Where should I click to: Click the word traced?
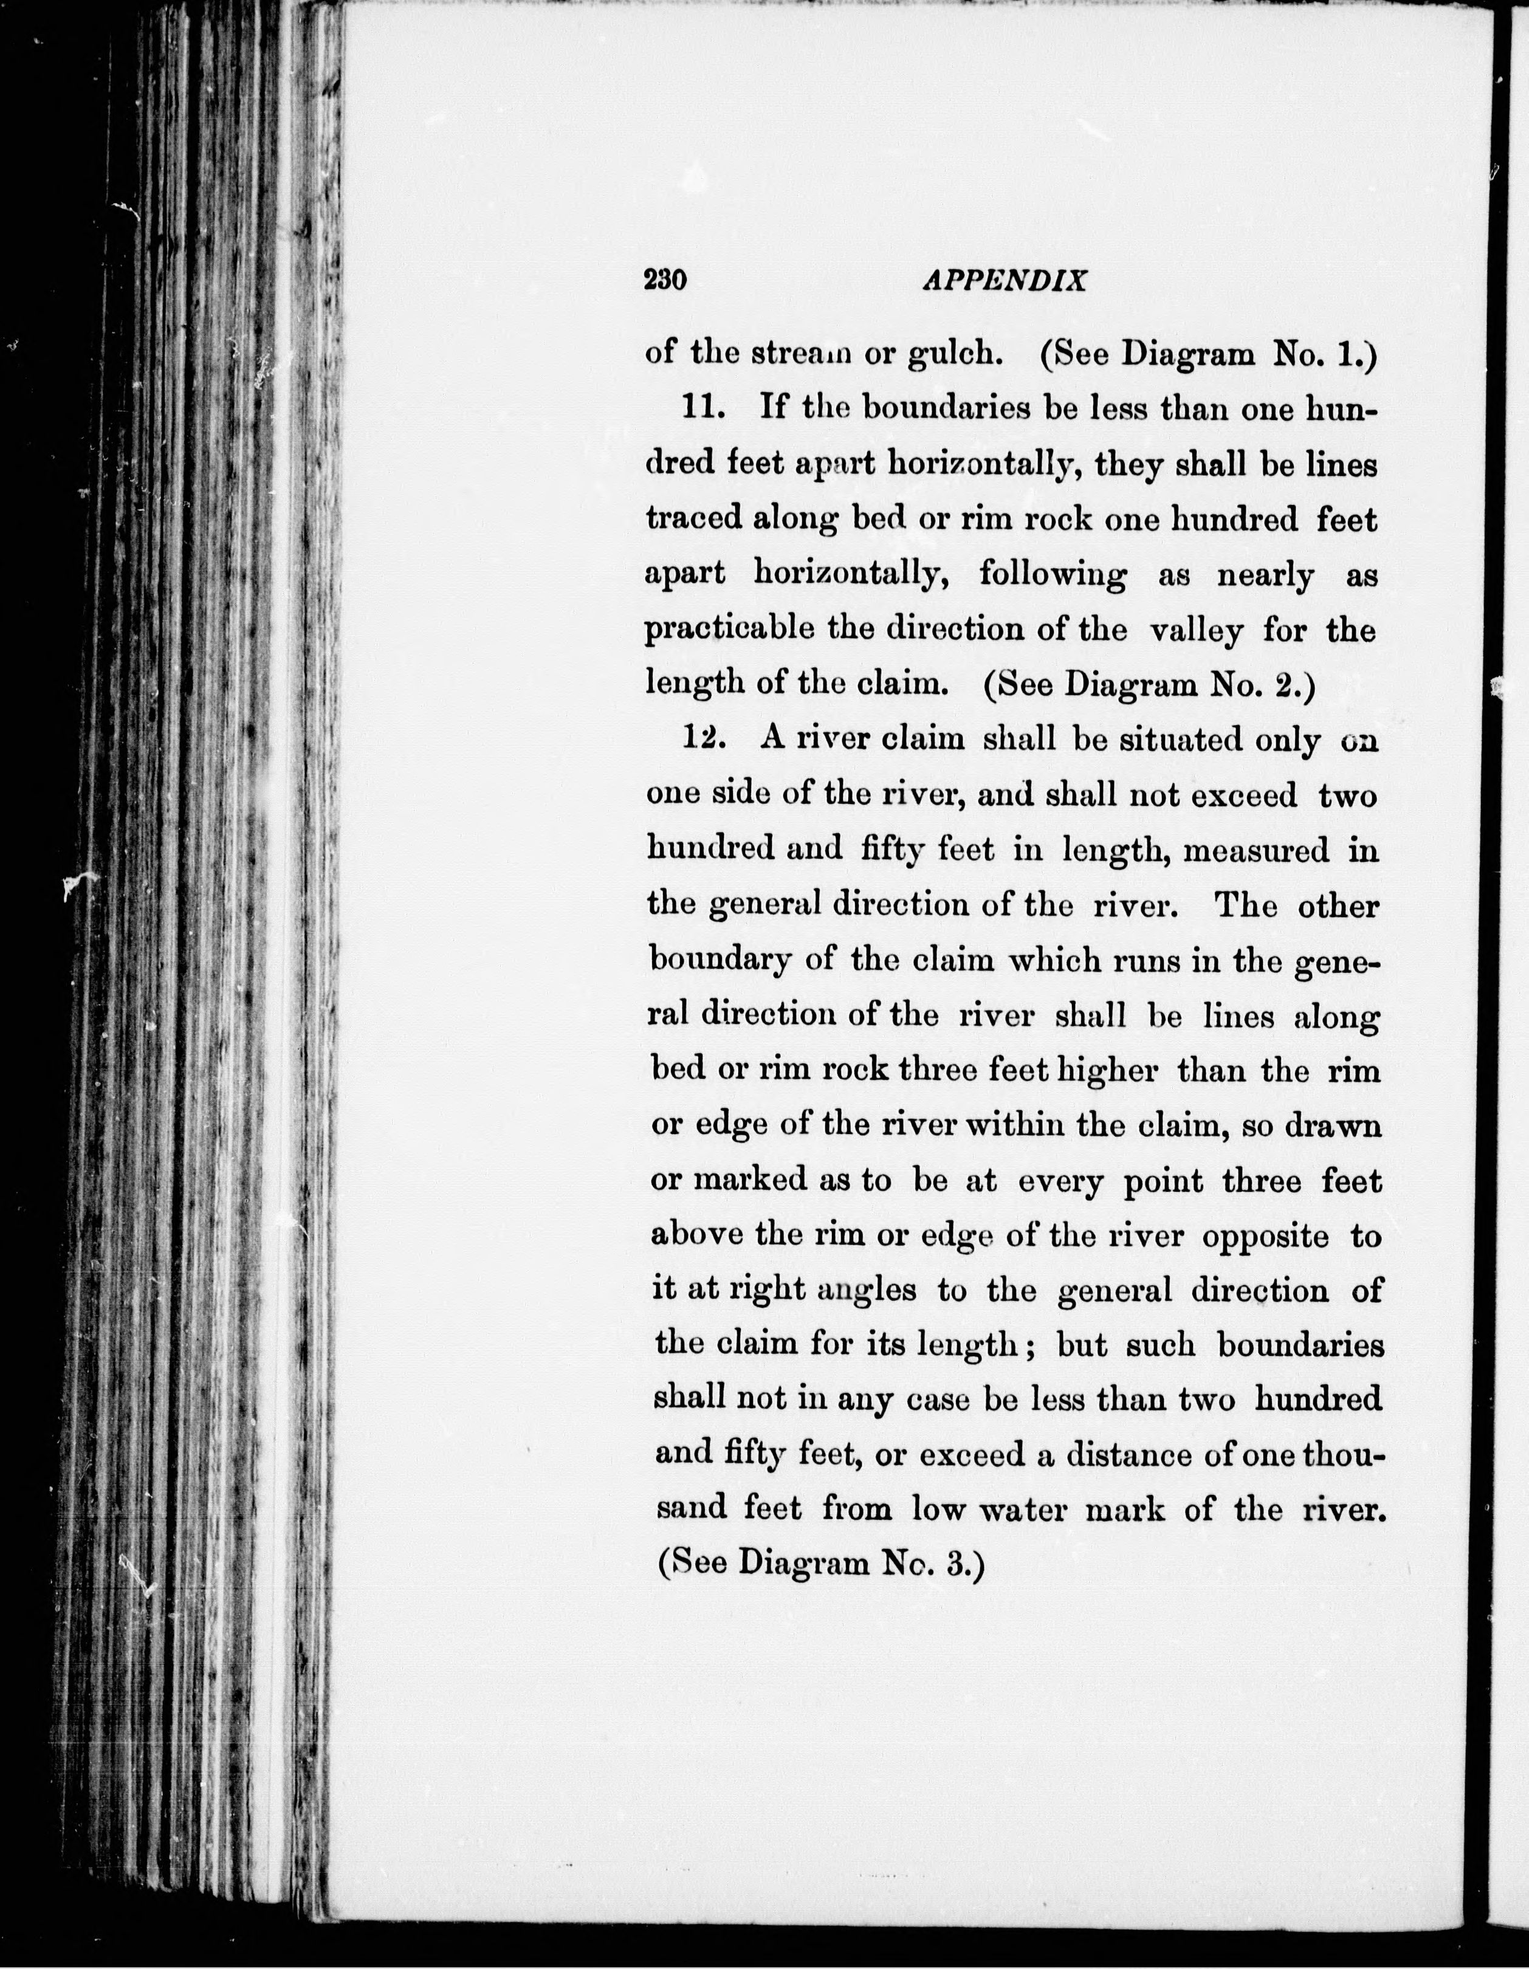[692, 520]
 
